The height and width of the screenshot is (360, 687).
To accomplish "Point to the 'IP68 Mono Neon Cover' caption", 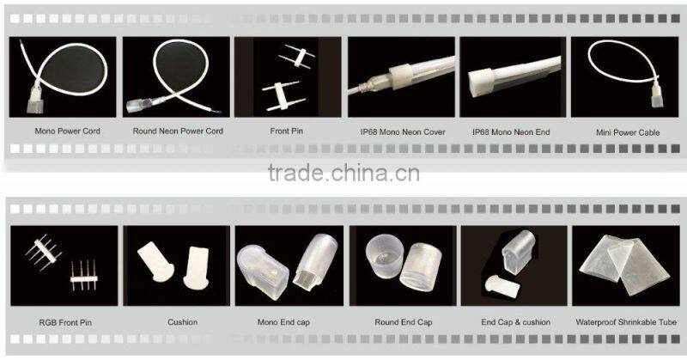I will pyautogui.click(x=401, y=132).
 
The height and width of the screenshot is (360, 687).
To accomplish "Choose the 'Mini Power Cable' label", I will pyautogui.click(x=627, y=132).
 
